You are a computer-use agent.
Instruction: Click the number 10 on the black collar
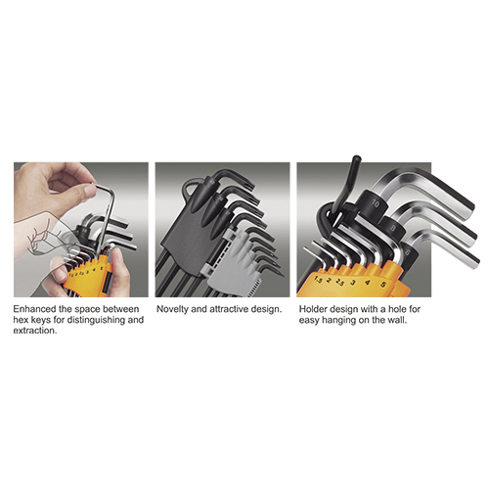coord(376,204)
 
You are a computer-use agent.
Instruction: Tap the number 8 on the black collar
coord(393,228)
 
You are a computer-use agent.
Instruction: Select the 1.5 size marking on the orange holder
coord(319,280)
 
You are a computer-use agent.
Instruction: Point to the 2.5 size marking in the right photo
coord(339,282)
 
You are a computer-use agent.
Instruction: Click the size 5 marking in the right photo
coord(383,285)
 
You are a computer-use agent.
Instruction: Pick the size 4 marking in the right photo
coord(368,283)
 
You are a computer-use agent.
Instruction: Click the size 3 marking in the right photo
coord(353,283)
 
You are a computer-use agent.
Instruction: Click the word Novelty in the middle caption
coord(172,309)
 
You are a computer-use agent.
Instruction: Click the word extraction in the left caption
coord(34,331)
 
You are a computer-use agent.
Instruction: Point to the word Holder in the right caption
coord(313,309)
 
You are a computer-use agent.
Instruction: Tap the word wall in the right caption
coord(396,320)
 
